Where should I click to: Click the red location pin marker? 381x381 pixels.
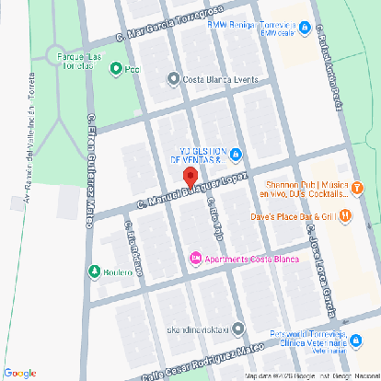[190, 177]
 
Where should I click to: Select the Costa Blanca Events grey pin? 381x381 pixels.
[174, 79]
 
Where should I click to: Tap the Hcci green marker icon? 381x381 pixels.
[115, 68]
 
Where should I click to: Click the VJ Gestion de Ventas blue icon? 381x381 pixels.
[237, 153]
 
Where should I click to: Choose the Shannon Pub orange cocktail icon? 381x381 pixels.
[357, 189]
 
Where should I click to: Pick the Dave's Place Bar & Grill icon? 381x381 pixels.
[344, 216]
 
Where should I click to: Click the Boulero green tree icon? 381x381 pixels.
[94, 271]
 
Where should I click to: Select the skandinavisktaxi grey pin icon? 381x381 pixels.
[238, 328]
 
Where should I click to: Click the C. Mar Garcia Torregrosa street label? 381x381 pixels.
[160, 31]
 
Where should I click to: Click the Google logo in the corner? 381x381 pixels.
[19, 372]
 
